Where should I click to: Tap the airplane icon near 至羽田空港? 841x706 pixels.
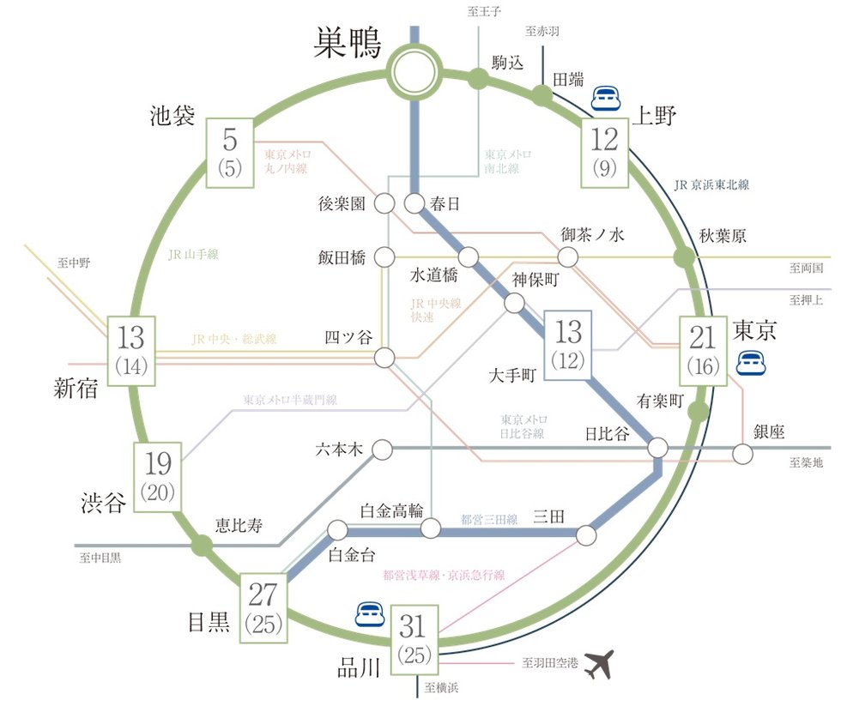(x=599, y=664)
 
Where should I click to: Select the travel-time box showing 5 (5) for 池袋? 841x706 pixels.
(x=230, y=153)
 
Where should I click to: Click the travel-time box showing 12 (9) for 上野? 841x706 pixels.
(x=604, y=153)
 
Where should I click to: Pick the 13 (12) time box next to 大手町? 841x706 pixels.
(x=568, y=345)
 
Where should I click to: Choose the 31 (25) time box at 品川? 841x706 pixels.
(x=414, y=640)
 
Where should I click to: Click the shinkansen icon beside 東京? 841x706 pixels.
(x=751, y=363)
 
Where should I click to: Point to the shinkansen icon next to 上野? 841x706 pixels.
(x=606, y=99)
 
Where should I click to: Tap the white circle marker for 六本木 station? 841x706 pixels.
(x=383, y=450)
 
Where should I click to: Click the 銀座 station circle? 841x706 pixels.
(x=742, y=454)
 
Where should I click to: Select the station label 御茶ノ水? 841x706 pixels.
(x=593, y=235)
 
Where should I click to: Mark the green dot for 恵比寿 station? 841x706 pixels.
(x=203, y=546)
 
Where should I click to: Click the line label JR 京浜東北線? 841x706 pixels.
(x=711, y=185)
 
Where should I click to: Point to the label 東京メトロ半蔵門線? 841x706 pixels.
(x=290, y=400)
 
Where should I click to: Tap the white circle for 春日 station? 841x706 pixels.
(x=414, y=203)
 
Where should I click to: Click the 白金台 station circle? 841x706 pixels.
(x=337, y=530)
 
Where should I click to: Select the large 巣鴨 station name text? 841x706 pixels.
(x=347, y=43)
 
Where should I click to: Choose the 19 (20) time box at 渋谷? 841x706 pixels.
(x=158, y=477)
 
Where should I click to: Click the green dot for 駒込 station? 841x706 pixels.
(x=477, y=79)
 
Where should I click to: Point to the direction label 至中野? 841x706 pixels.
(x=74, y=263)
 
